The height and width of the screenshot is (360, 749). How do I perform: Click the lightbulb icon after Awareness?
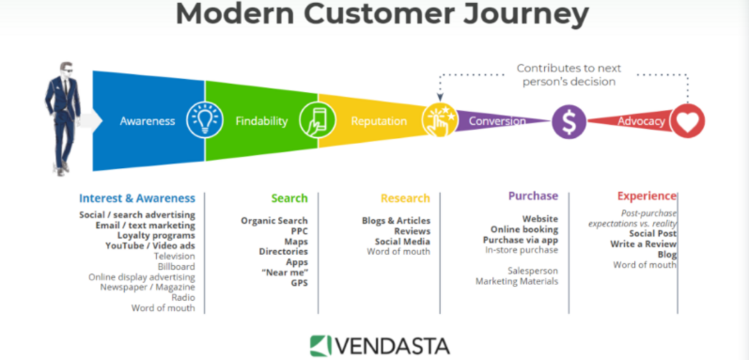click(x=205, y=120)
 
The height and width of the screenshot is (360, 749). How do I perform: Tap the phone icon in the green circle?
click(x=317, y=120)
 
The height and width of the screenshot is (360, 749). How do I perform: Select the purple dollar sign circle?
click(x=569, y=122)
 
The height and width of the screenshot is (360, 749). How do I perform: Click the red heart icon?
click(x=687, y=121)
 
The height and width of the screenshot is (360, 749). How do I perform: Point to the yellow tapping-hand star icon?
click(x=439, y=120)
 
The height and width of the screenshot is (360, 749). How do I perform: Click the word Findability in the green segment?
click(x=262, y=121)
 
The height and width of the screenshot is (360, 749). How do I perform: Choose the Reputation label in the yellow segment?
click(x=379, y=121)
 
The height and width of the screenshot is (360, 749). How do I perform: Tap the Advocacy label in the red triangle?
click(x=641, y=121)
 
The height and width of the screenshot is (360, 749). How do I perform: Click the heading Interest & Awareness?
click(x=137, y=198)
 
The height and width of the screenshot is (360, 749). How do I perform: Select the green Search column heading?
click(x=290, y=198)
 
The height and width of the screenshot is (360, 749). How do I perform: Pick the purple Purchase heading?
click(x=533, y=195)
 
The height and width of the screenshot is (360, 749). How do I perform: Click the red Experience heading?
click(x=647, y=195)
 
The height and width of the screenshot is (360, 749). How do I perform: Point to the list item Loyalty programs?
click(x=156, y=235)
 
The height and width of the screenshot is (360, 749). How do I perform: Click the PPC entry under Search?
click(x=299, y=231)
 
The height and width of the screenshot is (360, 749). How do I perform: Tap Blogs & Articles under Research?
click(x=396, y=221)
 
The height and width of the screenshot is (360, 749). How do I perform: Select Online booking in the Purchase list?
click(x=524, y=230)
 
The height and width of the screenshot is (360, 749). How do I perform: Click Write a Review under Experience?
click(x=644, y=244)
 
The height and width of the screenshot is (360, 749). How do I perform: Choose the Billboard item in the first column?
click(x=176, y=266)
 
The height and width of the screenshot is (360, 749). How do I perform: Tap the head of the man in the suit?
click(x=66, y=68)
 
